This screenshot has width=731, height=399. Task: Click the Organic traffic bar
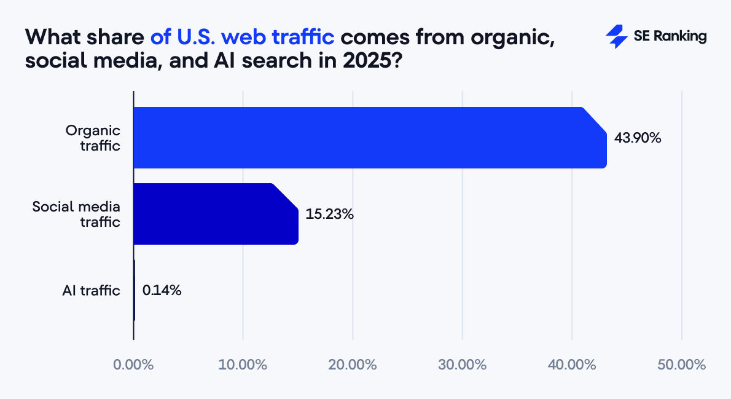tap(369, 138)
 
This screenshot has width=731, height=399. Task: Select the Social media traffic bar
tap(215, 214)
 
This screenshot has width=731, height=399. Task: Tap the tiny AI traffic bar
tap(134, 290)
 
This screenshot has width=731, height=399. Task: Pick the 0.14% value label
tap(162, 291)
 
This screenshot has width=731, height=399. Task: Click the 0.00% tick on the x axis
tap(133, 365)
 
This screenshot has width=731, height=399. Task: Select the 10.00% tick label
tap(243, 365)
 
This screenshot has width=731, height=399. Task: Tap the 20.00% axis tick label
tap(353, 365)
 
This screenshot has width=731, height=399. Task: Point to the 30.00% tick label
tap(462, 365)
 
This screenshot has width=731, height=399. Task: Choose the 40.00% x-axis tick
tap(572, 365)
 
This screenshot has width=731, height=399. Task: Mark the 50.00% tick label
tap(681, 365)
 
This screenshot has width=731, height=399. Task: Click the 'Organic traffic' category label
tap(93, 138)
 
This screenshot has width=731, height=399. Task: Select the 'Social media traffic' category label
tap(76, 214)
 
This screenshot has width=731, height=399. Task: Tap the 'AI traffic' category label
tap(91, 291)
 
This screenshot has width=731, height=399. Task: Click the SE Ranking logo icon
tap(616, 37)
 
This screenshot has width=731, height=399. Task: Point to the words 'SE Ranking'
tap(670, 37)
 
